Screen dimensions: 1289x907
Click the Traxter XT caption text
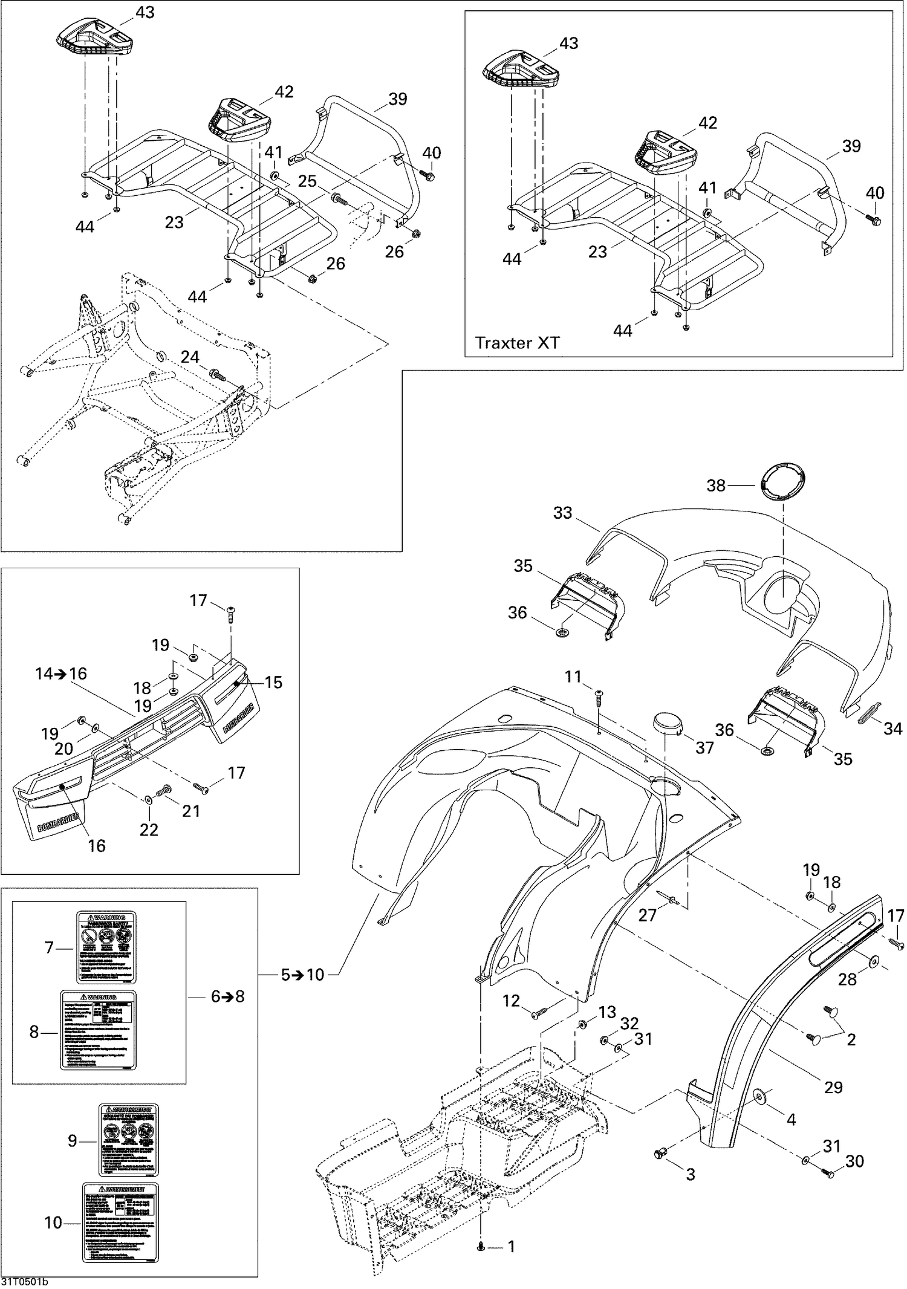point(517,343)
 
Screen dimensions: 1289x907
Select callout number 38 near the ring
point(716,485)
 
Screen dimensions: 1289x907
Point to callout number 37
point(704,748)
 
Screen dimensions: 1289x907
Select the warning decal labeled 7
point(106,947)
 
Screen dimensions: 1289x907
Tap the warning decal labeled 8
point(98,1030)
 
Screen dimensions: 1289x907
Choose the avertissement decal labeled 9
point(128,1140)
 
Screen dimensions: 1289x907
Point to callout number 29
point(833,1087)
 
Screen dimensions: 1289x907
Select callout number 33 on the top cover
point(562,513)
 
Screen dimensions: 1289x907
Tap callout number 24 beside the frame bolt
point(190,357)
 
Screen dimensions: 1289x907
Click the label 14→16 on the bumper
point(61,674)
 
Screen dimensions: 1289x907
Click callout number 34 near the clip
point(892,729)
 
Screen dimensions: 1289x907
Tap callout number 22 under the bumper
point(149,829)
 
